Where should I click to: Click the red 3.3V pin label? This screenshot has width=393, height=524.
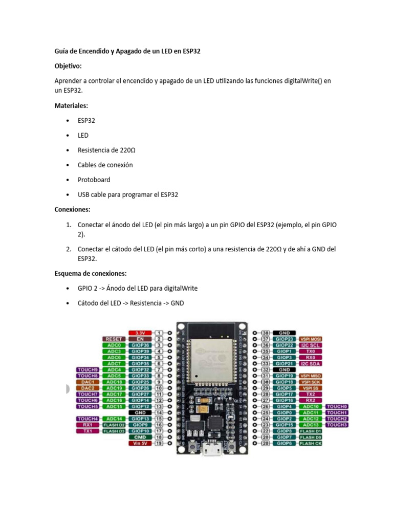(140, 333)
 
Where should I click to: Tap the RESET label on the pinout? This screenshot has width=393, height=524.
(114, 339)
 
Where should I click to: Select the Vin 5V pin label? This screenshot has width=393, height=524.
(140, 443)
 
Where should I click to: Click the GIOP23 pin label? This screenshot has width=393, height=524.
(285, 339)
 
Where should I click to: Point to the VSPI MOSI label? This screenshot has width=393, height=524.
(312, 339)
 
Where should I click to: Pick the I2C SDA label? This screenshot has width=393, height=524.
(312, 363)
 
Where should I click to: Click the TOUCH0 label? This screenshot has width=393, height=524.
(338, 406)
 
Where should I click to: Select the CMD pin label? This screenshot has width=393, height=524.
(140, 437)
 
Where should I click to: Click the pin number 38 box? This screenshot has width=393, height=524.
(266, 333)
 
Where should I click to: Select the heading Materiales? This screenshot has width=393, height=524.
(71, 106)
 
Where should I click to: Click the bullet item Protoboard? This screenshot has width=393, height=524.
(94, 180)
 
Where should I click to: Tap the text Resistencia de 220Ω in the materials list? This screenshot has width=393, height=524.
(106, 150)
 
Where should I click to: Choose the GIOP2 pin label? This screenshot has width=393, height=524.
(285, 419)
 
